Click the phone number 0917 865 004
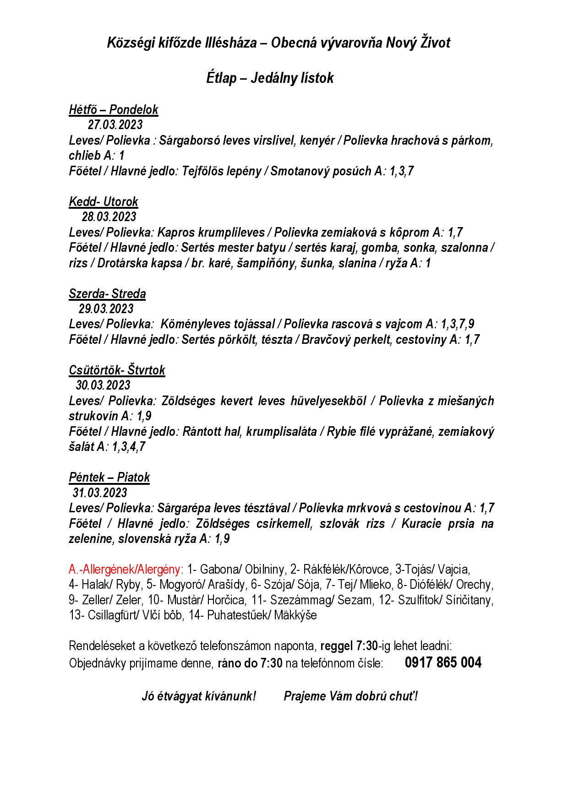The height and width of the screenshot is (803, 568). [x=443, y=662]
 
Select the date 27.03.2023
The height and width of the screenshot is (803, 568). [x=115, y=125]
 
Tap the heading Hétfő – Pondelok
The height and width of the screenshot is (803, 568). [x=113, y=109]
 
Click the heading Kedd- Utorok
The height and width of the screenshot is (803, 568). [x=103, y=201]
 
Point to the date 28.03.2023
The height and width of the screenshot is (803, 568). [x=109, y=217]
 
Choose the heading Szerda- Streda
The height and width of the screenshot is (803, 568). [x=107, y=293]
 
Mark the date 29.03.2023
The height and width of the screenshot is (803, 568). [x=106, y=309]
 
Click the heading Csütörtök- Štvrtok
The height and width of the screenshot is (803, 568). [x=117, y=370]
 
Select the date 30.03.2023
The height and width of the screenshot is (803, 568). [x=103, y=385]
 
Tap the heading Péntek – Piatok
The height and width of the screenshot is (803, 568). [x=109, y=477]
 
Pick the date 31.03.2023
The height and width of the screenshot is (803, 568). [x=100, y=493]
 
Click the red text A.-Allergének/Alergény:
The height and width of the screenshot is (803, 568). [x=126, y=570]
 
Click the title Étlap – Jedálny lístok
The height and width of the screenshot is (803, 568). [x=269, y=78]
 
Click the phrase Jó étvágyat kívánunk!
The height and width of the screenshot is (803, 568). [x=198, y=696]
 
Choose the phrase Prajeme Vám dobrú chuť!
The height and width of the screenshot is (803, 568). [x=350, y=696]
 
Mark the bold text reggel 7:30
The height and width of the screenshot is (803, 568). [x=349, y=646]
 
